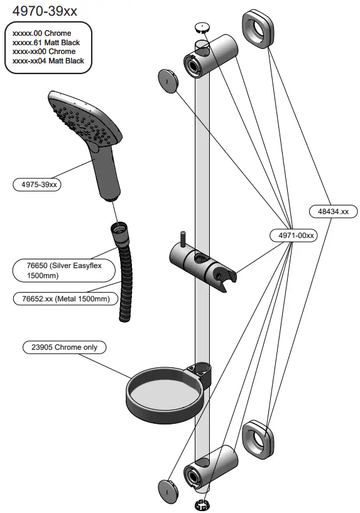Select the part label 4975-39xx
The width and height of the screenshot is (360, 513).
coord(39,185)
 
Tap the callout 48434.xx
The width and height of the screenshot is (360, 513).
coord(333,212)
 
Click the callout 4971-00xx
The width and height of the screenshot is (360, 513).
coord(293,235)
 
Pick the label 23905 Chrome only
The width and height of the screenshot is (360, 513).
coord(64,347)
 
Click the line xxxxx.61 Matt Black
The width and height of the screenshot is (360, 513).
coord(46,42)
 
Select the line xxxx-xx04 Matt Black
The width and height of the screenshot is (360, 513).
coord(48,61)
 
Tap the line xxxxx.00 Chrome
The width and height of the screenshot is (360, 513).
coord(42,33)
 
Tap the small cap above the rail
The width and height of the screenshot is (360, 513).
coord(201,27)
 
